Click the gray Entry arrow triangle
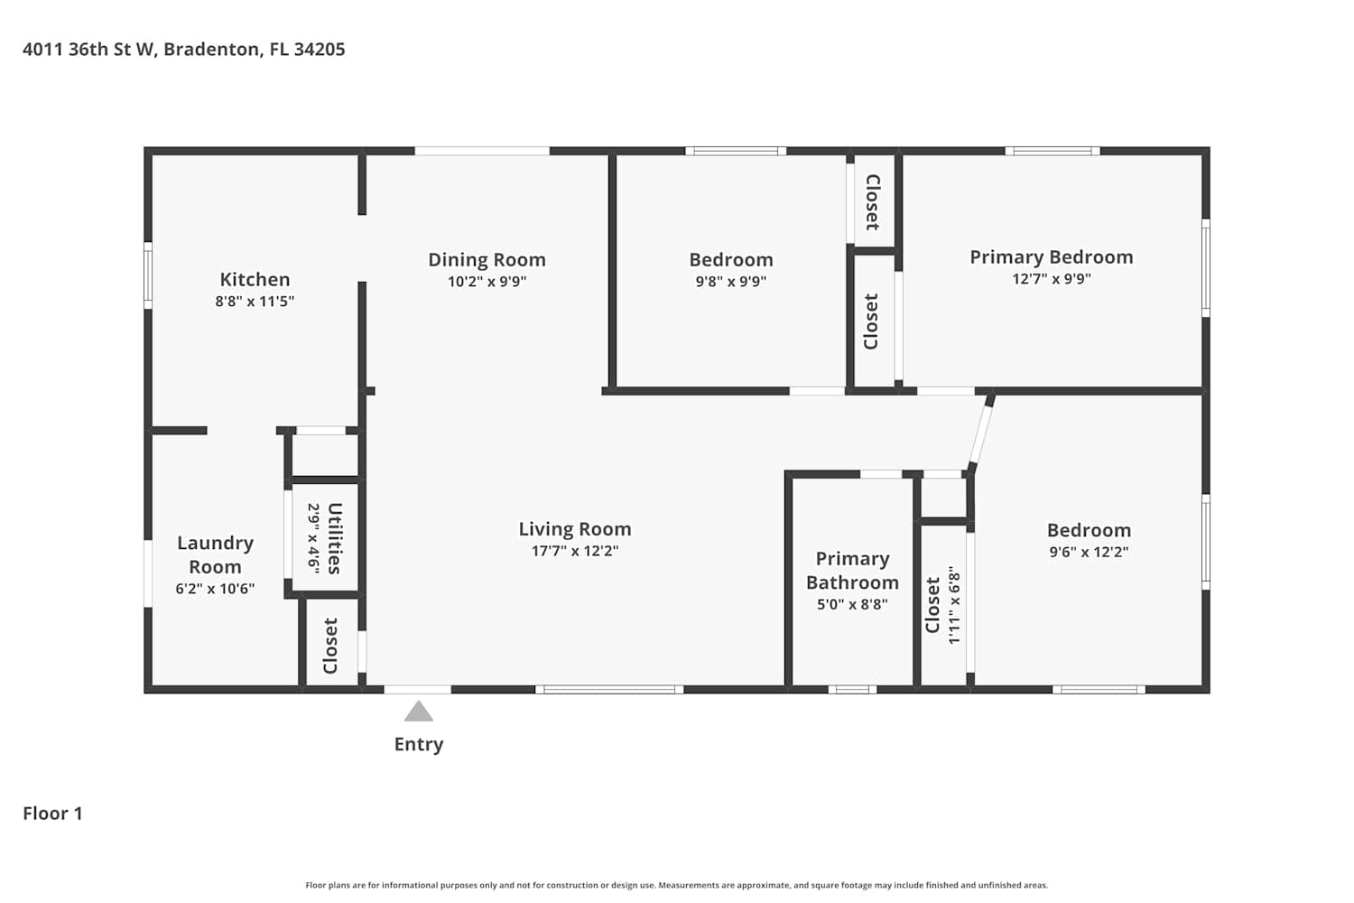[x=418, y=712]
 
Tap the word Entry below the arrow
[x=419, y=745]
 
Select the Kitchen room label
[x=255, y=279]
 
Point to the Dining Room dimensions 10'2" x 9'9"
[x=487, y=282]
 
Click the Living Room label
[x=575, y=529]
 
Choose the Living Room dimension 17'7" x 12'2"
[x=575, y=551]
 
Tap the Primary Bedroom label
[x=1052, y=257]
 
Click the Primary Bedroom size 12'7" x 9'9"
[x=1052, y=279]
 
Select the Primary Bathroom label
[x=852, y=571]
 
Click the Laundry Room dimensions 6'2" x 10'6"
[x=215, y=589]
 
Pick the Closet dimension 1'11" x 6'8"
[x=954, y=605]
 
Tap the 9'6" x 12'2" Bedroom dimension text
[x=1089, y=553]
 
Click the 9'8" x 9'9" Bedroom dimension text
[x=731, y=282]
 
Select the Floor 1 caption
[x=52, y=814]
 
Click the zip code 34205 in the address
[x=320, y=50]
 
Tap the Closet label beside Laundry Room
[x=330, y=646]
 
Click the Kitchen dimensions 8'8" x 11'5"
[x=255, y=302]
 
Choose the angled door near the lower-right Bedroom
[x=980, y=434]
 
